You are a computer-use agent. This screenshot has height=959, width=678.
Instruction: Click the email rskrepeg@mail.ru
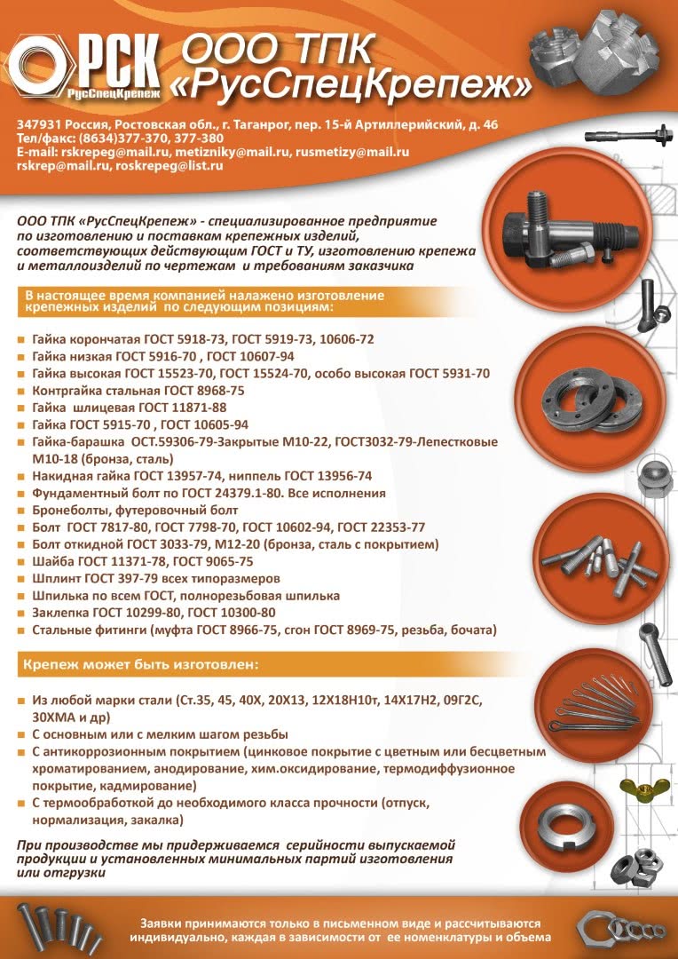(x=115, y=152)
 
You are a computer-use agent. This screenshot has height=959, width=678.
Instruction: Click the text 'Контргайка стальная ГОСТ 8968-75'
(x=138, y=391)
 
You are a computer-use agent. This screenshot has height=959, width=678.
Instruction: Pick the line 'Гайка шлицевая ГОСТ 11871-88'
(x=129, y=408)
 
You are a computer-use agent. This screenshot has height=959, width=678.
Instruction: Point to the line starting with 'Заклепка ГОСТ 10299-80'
(x=154, y=613)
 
